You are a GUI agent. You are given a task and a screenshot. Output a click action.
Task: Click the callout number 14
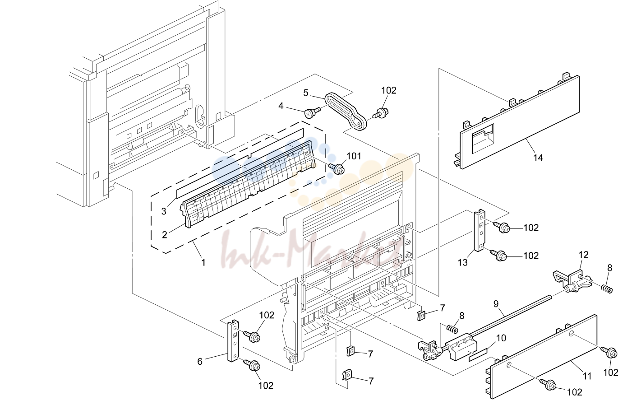coord(538,158)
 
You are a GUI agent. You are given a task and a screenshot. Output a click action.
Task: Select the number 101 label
coord(354,156)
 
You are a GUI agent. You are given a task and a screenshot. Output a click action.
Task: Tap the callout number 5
coord(306,93)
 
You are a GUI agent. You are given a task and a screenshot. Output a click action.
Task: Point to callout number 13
coord(463,262)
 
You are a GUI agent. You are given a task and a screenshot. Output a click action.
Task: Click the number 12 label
coord(584,255)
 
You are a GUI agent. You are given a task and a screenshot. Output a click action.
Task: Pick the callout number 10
coord(501,338)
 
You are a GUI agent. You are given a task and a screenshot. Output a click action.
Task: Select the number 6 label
coord(199,362)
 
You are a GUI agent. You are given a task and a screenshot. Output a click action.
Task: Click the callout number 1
coord(203,262)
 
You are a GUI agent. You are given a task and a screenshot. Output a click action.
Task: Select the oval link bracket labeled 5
coord(346,112)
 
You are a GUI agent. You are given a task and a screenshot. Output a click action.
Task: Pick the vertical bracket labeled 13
coord(479,230)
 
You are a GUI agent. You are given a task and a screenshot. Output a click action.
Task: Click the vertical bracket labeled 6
coord(233,340)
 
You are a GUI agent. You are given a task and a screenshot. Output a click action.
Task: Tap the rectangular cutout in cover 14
coord(483,139)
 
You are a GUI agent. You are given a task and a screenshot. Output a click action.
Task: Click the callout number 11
coord(587,376)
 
